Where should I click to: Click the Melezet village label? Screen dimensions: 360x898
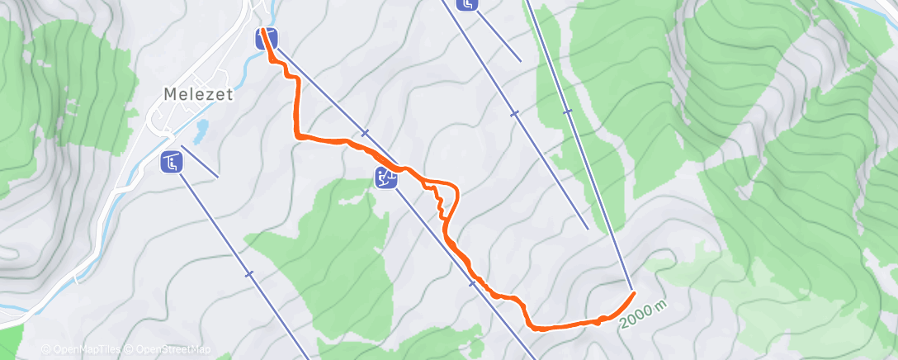198,94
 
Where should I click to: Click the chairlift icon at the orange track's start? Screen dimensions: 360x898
267,38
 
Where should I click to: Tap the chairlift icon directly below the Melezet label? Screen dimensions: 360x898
171,163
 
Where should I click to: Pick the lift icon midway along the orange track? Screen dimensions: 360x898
385,176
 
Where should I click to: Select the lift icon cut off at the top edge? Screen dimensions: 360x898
468,4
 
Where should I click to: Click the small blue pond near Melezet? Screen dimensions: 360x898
201,129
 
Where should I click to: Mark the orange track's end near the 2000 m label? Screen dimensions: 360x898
633,293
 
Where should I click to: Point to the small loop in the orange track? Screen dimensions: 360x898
445,199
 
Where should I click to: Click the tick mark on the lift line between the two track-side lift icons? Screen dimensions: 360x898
364,133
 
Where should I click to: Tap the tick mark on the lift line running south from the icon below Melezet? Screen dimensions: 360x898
248,273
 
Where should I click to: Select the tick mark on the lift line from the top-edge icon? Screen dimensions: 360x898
514,113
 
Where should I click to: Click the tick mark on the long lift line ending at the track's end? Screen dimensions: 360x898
567,111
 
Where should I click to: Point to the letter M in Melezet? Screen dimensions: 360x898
169,94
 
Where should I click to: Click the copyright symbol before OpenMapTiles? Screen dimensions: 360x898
47,350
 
